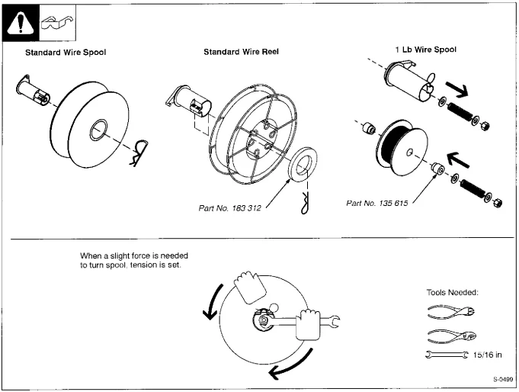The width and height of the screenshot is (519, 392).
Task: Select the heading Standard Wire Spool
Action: pyautogui.click(x=66, y=53)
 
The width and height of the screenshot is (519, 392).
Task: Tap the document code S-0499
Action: pyautogui.click(x=503, y=379)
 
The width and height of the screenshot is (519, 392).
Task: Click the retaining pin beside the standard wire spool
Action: pyautogui.click(x=139, y=152)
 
